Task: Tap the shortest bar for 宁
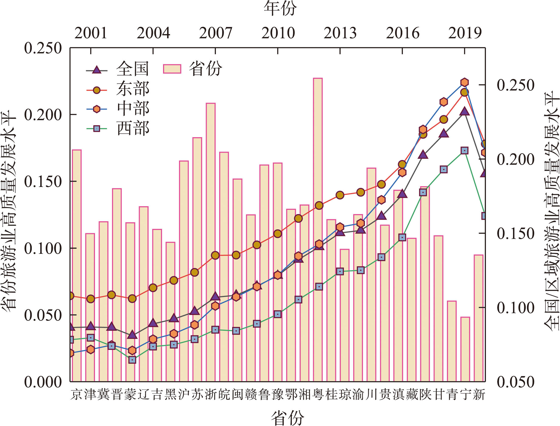(x=465, y=349)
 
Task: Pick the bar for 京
(x=77, y=265)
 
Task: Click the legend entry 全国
(x=132, y=69)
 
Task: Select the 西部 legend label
(x=133, y=129)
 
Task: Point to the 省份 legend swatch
(x=172, y=69)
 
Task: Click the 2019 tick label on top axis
(x=465, y=33)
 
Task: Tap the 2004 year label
(x=153, y=33)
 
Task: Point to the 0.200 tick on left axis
(x=43, y=115)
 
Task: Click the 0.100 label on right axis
(x=516, y=308)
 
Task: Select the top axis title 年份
(x=280, y=8)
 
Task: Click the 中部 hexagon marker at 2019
(x=465, y=82)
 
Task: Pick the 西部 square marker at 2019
(x=465, y=151)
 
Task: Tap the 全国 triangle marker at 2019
(x=465, y=111)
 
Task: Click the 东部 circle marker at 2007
(x=215, y=255)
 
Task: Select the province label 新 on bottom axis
(x=479, y=395)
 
